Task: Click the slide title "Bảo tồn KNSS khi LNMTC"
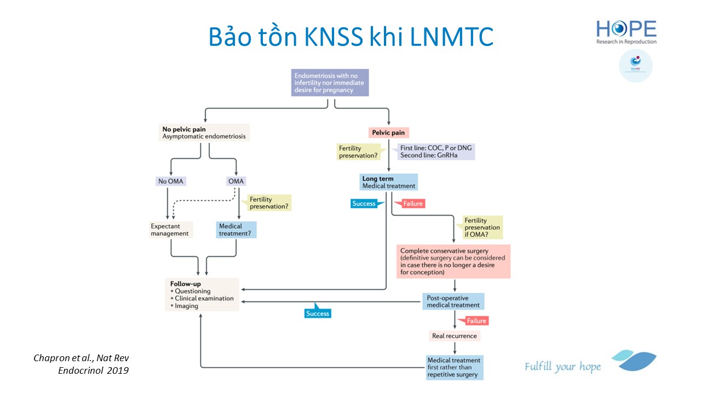click(350, 37)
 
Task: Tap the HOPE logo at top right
click(626, 32)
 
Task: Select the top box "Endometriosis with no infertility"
click(330, 82)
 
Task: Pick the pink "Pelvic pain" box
click(389, 132)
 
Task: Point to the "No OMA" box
click(170, 181)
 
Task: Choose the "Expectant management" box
click(171, 230)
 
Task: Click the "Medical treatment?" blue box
click(236, 230)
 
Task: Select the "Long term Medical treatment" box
click(389, 182)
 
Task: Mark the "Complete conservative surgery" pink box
click(454, 261)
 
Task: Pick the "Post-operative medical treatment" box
click(453, 301)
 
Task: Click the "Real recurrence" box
click(454, 335)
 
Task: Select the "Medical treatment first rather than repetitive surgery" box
click(455, 367)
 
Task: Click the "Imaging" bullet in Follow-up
click(187, 306)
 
